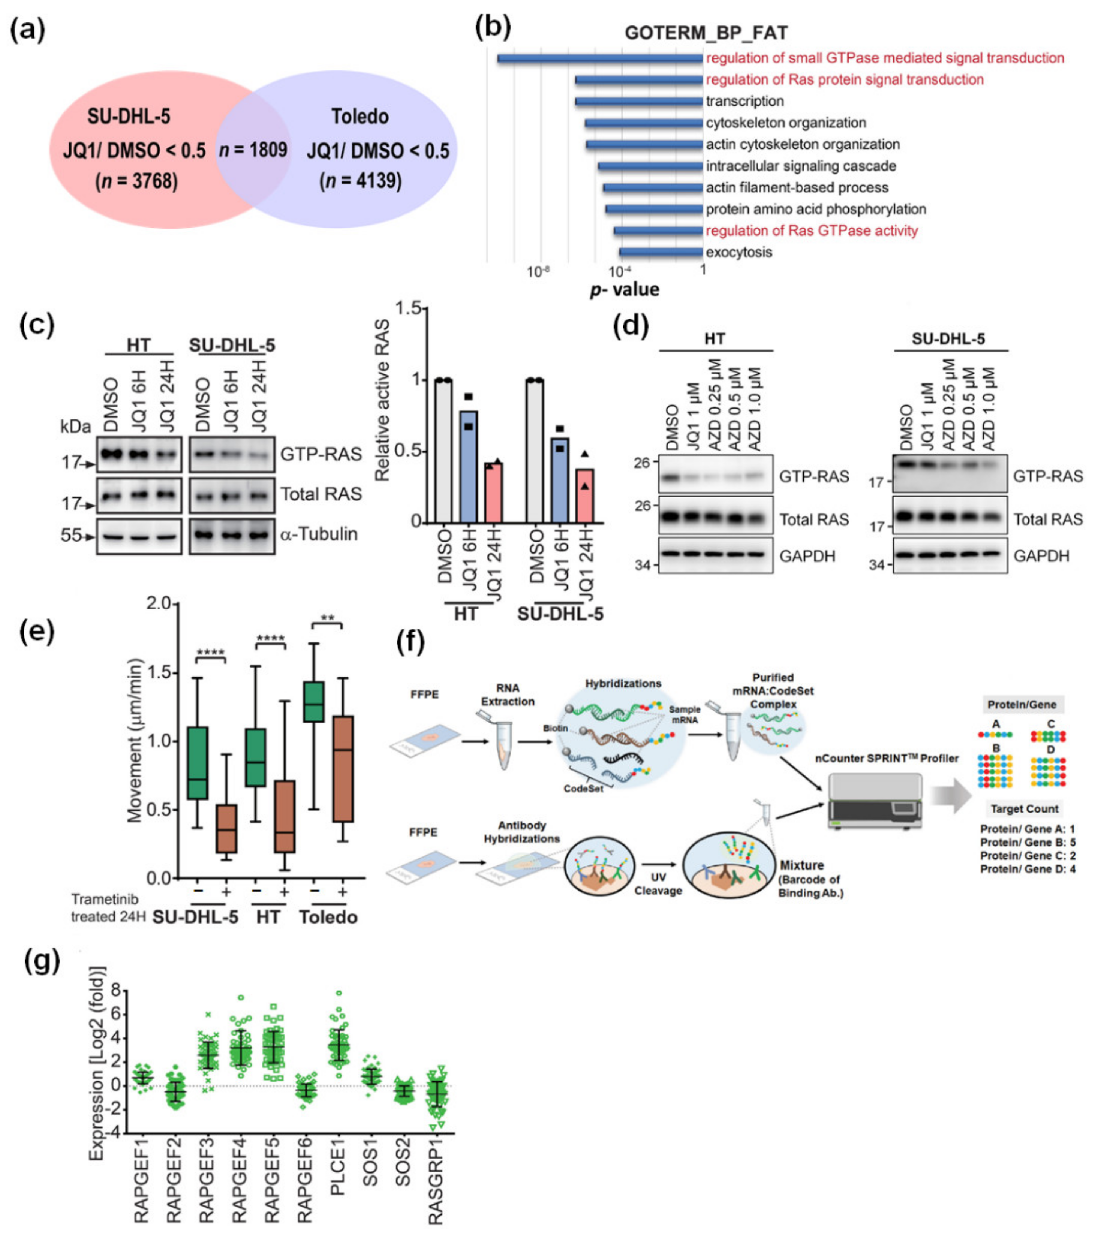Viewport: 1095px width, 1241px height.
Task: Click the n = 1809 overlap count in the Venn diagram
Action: coord(253,149)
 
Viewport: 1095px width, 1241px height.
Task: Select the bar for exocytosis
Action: coord(661,252)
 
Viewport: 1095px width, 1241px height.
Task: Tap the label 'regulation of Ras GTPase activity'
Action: coord(811,231)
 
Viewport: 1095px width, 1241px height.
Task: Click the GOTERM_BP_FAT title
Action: coord(706,33)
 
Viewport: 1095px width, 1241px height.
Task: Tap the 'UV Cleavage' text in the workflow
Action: coord(658,885)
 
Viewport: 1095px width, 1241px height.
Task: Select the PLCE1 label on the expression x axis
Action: coord(338,1184)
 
